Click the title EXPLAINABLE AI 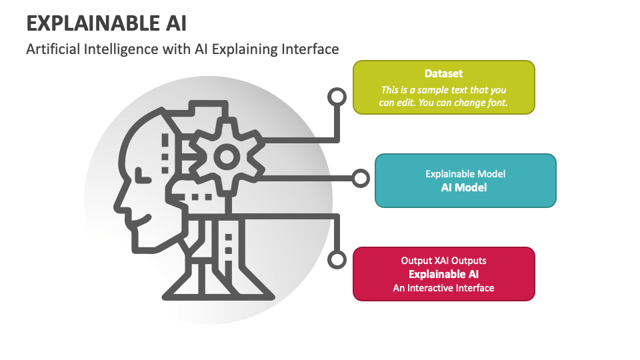pos(107,23)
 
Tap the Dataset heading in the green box pos(444,73)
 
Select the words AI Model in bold pos(464,188)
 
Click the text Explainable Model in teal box pos(465,174)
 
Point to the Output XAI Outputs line pos(444,261)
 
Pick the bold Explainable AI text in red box pos(444,274)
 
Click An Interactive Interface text pos(444,288)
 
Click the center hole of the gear pos(227,157)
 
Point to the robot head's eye pos(142,176)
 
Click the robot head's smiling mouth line pos(140,221)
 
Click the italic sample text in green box pos(443,96)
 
